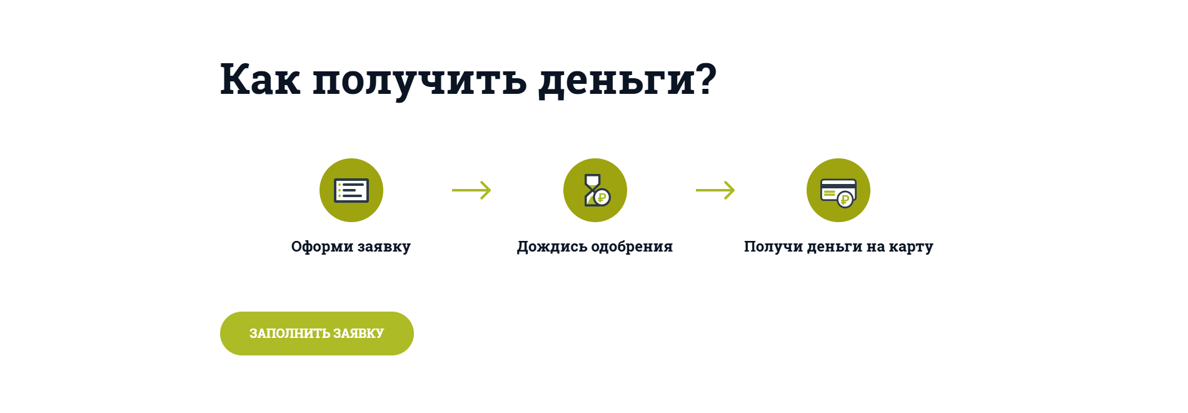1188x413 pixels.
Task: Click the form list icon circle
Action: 351,190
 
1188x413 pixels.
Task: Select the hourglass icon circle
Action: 595,190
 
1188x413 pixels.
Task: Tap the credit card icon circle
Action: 838,190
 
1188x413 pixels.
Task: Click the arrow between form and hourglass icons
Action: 471,190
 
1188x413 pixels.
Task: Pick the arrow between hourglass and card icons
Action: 715,190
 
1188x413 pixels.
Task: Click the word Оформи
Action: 323,247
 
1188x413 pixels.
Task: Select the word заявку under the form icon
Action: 384,247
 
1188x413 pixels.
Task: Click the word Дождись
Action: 552,247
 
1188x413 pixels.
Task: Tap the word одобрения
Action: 632,247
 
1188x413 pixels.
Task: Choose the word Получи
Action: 773,247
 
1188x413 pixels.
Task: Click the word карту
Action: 911,248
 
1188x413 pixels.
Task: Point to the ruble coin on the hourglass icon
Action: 602,198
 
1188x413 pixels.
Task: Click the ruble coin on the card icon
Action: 845,200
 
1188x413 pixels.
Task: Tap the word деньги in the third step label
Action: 835,247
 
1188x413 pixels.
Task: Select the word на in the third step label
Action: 876,247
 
